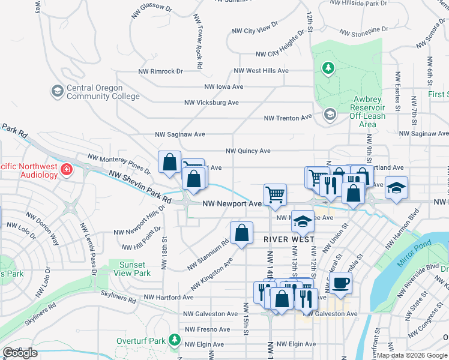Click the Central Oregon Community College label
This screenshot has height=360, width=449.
point(103,92)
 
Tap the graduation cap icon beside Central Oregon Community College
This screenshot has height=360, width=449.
point(58,91)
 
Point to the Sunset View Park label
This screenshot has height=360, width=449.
point(131,269)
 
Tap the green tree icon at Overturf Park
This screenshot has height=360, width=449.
point(174,340)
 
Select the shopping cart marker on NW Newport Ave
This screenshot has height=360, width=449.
point(275,194)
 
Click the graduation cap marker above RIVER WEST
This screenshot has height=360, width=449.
point(303,222)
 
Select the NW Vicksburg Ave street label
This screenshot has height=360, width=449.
point(213,103)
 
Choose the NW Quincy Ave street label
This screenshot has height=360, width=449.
point(247,151)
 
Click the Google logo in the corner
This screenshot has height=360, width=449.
point(20,353)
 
